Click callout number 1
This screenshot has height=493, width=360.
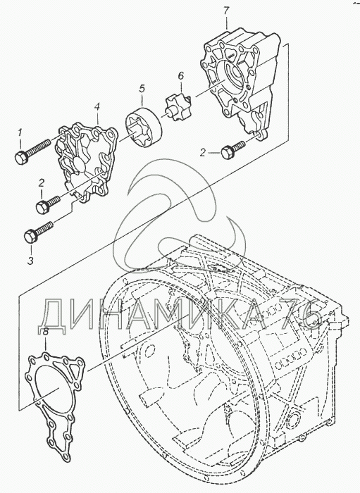point(20,133)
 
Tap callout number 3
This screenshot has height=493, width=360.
point(30,260)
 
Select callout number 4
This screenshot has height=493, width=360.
point(97,108)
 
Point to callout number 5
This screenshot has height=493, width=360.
point(142,89)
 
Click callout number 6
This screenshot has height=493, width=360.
point(180,76)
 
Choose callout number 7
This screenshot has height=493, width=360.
point(226,11)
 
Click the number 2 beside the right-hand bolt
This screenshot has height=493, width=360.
point(203,153)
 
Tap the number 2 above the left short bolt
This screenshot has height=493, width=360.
point(42,182)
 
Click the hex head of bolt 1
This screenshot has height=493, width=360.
point(21,157)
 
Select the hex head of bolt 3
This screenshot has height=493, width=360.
point(31,236)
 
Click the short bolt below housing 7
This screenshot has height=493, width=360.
point(233,150)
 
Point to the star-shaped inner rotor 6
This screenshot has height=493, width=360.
point(178,107)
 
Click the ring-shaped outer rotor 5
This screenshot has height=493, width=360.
point(144,127)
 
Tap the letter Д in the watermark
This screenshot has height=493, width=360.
point(52,316)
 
